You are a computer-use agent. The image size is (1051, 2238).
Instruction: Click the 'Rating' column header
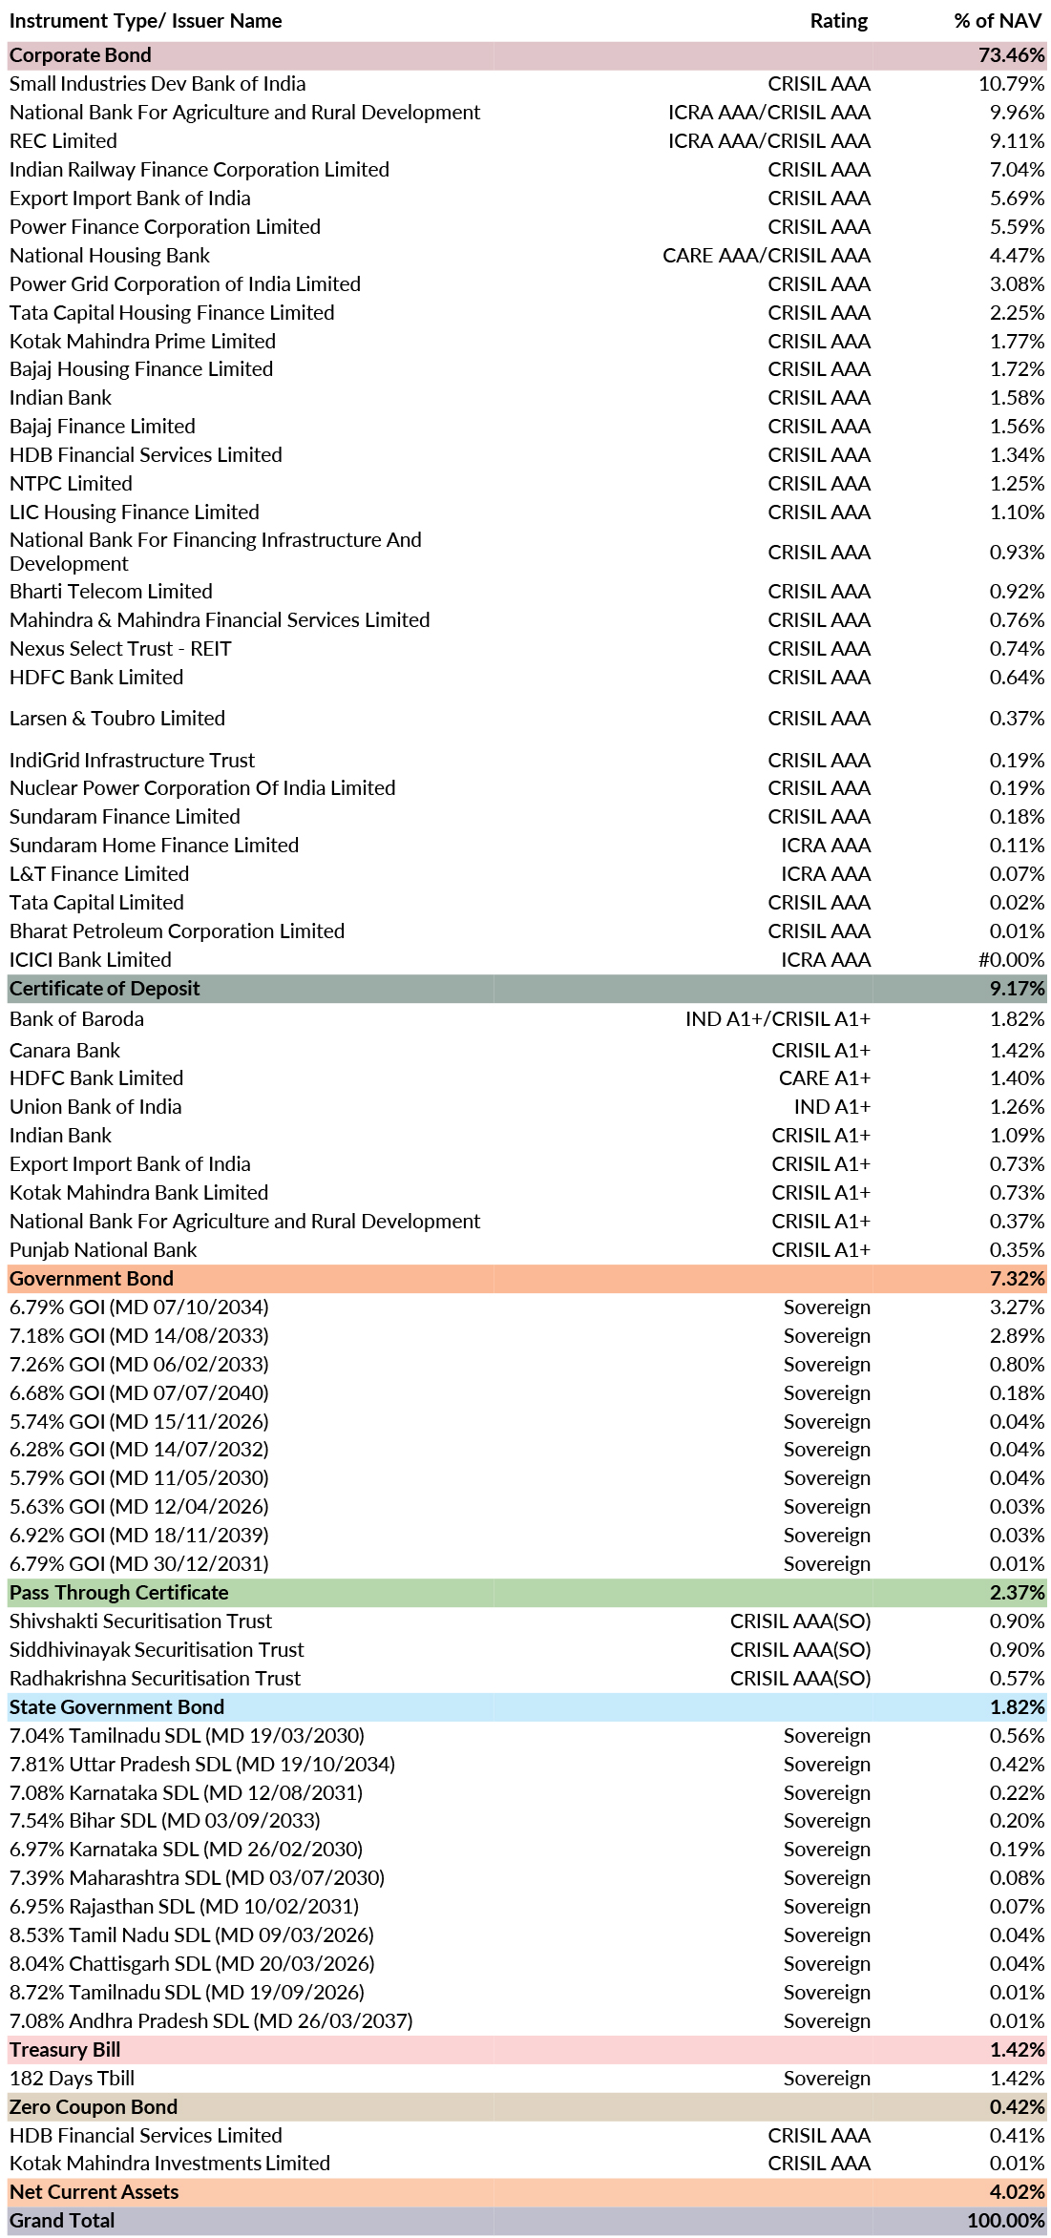coord(838,21)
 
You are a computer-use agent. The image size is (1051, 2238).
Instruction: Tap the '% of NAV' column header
coord(998,21)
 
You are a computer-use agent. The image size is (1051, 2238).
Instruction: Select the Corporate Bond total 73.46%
coord(1011,55)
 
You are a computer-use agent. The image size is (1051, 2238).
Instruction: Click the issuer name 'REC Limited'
coord(63,141)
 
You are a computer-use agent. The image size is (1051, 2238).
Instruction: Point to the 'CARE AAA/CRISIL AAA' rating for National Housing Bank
coord(767,256)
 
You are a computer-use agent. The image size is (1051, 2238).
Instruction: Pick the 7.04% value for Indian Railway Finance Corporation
coord(1017,170)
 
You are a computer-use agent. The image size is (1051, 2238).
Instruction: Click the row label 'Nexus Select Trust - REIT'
coord(120,649)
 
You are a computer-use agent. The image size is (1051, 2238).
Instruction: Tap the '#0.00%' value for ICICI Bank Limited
coord(1011,960)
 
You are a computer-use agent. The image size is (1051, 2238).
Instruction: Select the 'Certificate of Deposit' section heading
coord(105,989)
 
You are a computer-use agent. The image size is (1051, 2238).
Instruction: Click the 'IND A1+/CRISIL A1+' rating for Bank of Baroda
coord(777,1019)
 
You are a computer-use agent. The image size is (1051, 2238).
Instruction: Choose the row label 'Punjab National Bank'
coord(103,1250)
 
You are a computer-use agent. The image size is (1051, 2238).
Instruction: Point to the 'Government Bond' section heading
coord(92,1279)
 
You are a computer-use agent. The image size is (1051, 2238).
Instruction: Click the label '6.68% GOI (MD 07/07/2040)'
coord(139,1393)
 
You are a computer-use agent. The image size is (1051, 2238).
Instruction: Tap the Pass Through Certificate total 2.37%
coord(1017,1593)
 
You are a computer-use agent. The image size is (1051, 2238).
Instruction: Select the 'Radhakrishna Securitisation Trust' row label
coord(155,1679)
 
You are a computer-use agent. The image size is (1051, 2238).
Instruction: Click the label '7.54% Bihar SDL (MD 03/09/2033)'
coord(165,1821)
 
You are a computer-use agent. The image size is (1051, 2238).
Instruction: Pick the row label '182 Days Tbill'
coord(72,2079)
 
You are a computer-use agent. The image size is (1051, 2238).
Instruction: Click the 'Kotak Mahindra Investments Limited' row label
coord(170,2164)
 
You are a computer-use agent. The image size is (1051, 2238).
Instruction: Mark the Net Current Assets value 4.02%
coord(1017,2192)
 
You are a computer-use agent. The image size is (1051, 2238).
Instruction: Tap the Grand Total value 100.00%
coord(1005,2221)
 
